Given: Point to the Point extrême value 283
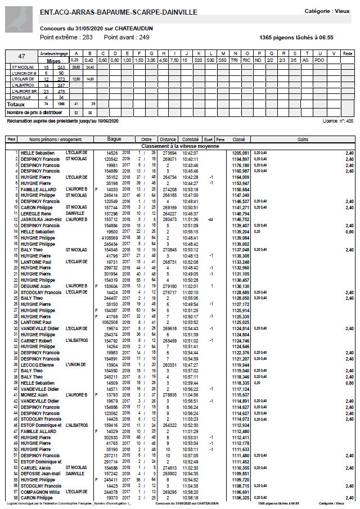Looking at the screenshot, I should click(87, 37).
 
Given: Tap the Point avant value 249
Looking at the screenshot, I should click(144, 37).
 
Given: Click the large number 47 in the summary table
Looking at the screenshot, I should click(22, 56).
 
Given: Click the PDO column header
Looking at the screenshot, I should click(319, 60).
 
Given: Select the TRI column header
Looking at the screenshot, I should click(234, 60).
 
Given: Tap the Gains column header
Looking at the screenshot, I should click(303, 139).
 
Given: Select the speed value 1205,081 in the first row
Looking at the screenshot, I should click(240, 152).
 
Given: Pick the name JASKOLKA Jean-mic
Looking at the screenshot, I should click(40, 219).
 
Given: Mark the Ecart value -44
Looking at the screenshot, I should click(209, 219).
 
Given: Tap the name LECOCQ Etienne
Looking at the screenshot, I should click(37, 365).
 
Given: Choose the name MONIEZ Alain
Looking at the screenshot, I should click(34, 395).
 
